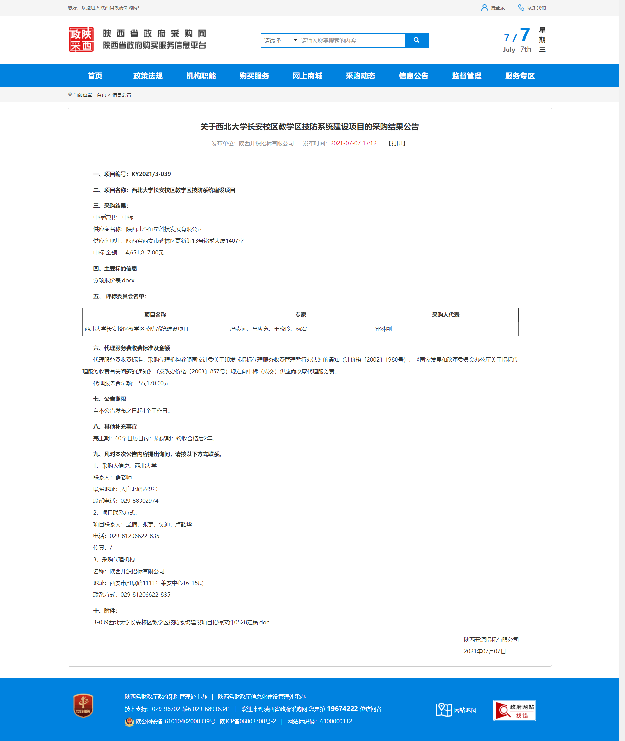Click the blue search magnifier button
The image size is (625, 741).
(416, 40)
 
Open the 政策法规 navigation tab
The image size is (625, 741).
(148, 76)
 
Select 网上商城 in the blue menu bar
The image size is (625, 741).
(307, 76)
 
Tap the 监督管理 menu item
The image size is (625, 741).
(466, 76)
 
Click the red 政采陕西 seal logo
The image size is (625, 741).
(81, 39)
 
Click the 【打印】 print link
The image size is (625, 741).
(397, 143)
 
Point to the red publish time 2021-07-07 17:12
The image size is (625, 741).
(353, 143)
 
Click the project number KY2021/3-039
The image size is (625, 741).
(151, 174)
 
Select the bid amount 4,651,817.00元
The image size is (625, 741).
(145, 253)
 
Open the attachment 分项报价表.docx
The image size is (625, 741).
(114, 280)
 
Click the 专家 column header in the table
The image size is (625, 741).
(300, 315)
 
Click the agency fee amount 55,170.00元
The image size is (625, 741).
(154, 383)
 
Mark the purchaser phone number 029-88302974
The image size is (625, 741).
(139, 501)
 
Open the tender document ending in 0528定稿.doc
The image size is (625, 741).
(181, 622)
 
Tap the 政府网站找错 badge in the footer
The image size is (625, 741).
(515, 710)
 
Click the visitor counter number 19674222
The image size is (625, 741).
(342, 709)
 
